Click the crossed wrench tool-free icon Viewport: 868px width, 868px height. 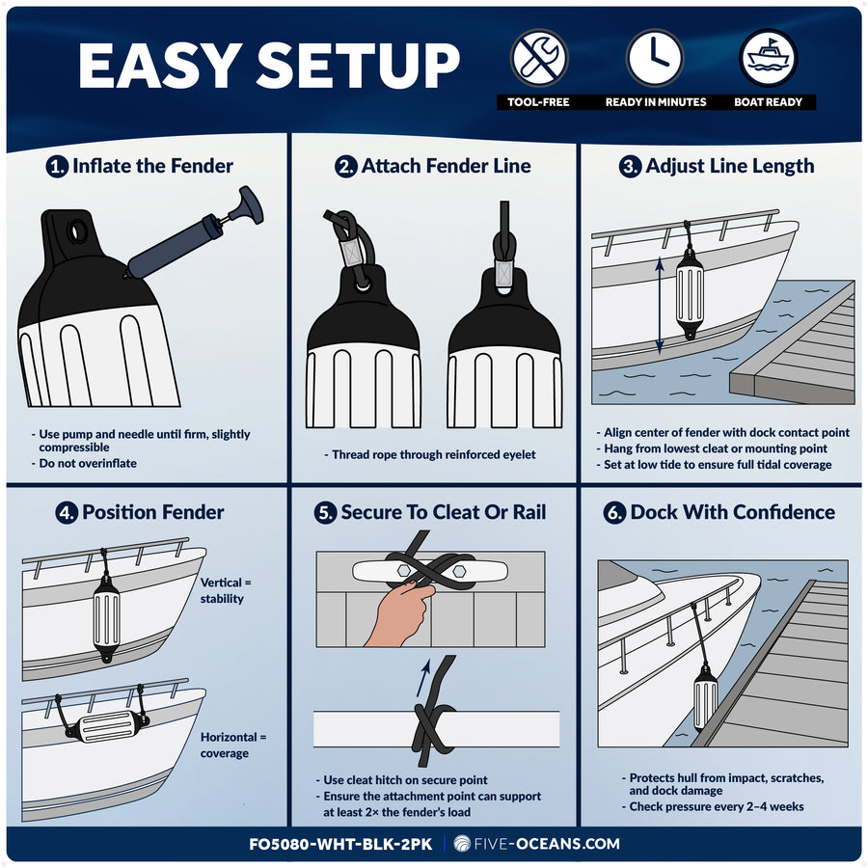(x=538, y=58)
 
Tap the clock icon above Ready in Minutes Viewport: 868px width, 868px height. (x=655, y=58)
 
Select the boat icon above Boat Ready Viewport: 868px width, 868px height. (x=769, y=58)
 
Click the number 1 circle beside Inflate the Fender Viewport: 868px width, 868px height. (x=57, y=166)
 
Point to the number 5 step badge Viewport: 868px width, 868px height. (x=325, y=513)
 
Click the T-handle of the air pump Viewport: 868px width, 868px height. (x=250, y=204)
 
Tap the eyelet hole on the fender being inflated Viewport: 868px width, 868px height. (x=77, y=230)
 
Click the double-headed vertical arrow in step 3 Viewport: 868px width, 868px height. (x=660, y=306)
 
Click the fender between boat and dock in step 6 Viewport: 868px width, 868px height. (x=705, y=698)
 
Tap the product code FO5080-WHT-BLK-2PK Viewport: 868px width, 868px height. (x=340, y=844)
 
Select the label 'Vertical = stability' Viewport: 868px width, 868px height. (x=226, y=590)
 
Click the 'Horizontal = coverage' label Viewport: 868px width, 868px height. (x=233, y=745)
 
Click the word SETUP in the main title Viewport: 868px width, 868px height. (x=358, y=66)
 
